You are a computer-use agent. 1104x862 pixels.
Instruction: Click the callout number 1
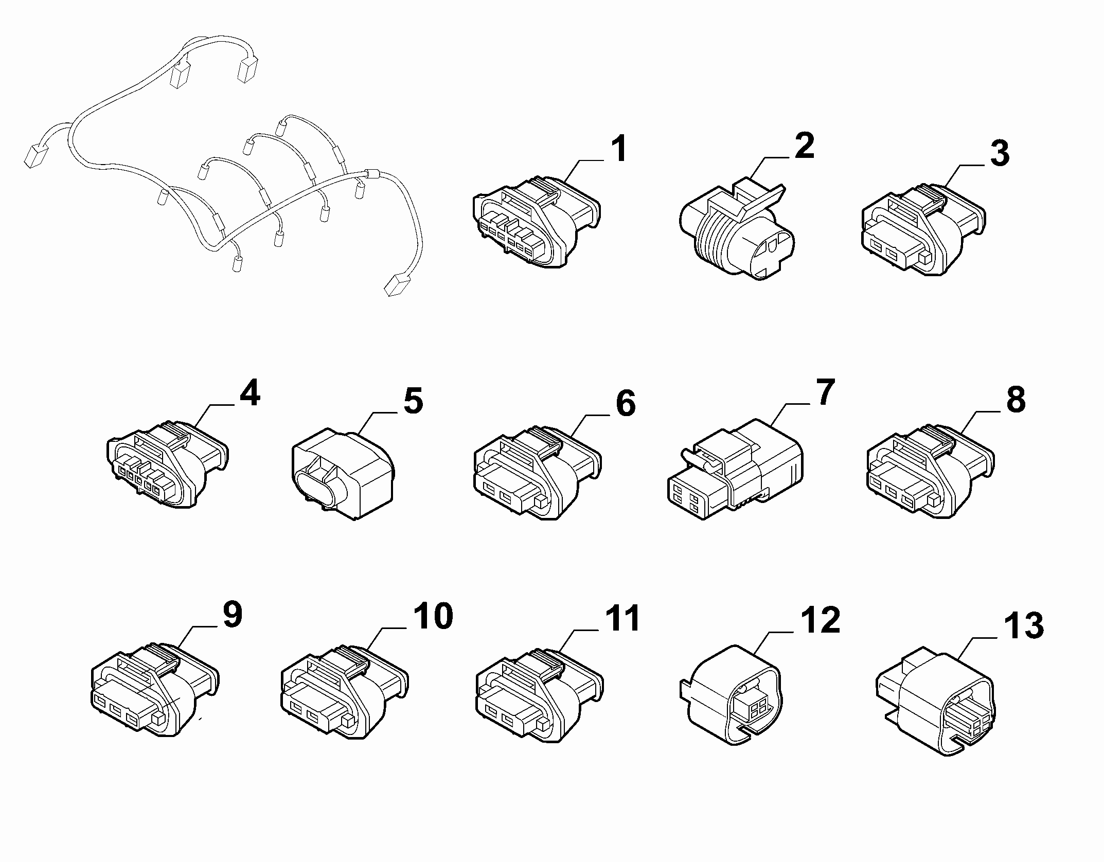coord(619,148)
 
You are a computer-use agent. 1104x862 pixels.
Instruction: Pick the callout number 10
coord(433,616)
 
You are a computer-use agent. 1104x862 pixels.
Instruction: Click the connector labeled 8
coord(931,472)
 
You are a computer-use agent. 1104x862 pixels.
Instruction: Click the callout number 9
coord(232,615)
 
